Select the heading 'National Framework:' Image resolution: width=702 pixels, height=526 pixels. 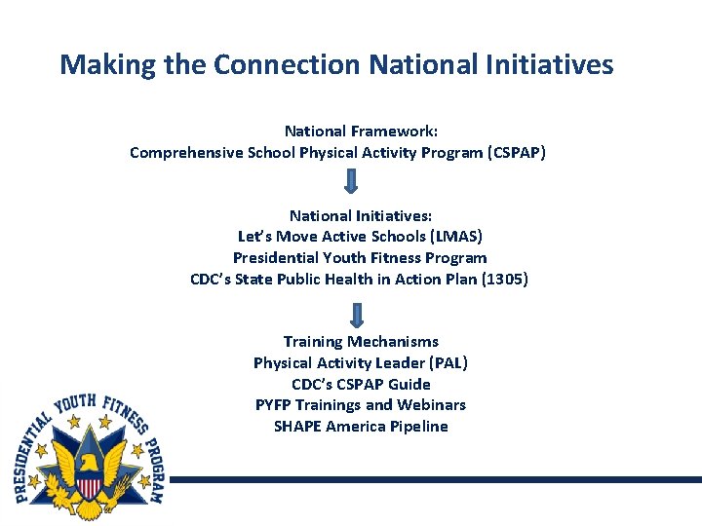click(361, 131)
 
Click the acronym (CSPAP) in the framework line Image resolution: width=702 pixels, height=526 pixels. click(516, 152)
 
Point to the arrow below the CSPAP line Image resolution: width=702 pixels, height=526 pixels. click(352, 181)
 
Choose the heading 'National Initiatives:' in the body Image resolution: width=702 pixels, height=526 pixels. click(361, 215)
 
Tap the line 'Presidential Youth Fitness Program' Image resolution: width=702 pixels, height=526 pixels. click(360, 258)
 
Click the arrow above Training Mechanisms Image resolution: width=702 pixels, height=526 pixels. click(357, 314)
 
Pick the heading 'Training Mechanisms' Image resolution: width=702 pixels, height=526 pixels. click(361, 342)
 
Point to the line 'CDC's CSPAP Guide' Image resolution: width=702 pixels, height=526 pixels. click(361, 385)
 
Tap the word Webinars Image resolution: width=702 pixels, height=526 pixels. click(432, 405)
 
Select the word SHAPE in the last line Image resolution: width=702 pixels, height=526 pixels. click(297, 427)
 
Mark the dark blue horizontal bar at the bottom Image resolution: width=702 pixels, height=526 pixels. click(434, 479)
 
